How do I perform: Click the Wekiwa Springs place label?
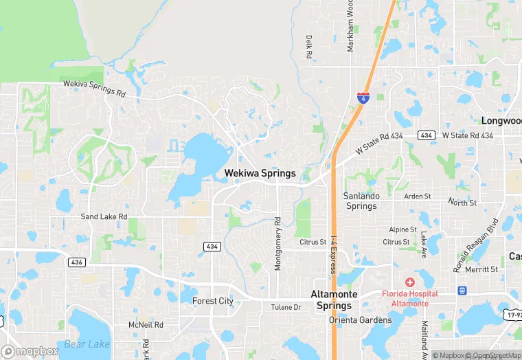pos(260,173)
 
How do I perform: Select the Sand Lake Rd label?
pos(104,216)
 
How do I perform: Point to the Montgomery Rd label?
pos(278,244)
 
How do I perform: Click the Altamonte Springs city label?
pos(334,300)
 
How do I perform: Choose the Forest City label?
pos(213,301)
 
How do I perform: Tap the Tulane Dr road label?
pos(286,307)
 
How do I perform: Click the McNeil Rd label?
pos(146,324)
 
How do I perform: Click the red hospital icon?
pos(410,282)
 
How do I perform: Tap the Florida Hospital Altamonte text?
pos(410,298)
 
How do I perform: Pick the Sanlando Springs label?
pos(361,201)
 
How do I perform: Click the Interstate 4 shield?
pos(361,98)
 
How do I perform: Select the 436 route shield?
pos(76,262)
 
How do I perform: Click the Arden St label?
pos(417,196)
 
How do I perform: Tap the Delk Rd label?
pos(309,47)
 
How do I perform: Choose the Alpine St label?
pos(403,229)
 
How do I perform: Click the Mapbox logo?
pos(31,351)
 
